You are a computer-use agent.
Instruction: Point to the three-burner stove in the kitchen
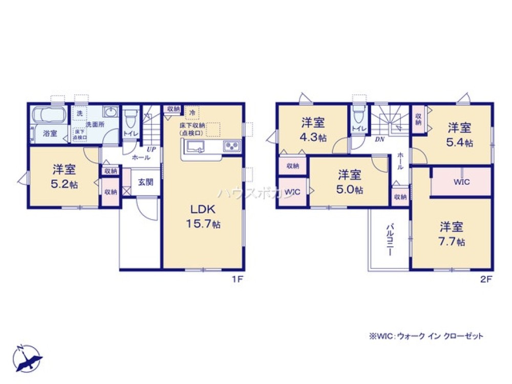(x=230, y=147)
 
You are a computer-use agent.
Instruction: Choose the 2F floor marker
(x=486, y=280)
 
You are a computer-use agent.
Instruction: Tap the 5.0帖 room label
(x=349, y=182)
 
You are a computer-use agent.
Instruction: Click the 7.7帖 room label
(x=451, y=233)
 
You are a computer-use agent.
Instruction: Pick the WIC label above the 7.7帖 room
(x=461, y=182)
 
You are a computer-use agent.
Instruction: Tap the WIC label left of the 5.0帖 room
(x=292, y=192)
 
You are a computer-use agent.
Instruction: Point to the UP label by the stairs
(x=151, y=149)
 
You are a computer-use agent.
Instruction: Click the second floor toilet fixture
(x=358, y=117)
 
